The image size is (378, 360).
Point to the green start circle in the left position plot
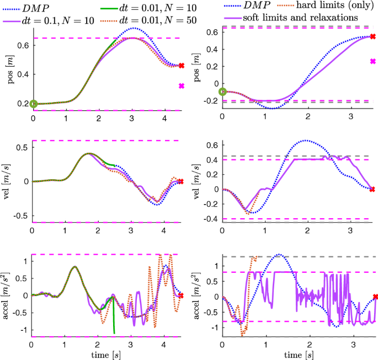(34, 104)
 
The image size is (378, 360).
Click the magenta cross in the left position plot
(181, 86)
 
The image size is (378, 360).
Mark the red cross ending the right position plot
(372, 36)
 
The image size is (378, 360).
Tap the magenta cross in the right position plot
(372, 61)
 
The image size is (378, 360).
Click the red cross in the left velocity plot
(181, 181)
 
